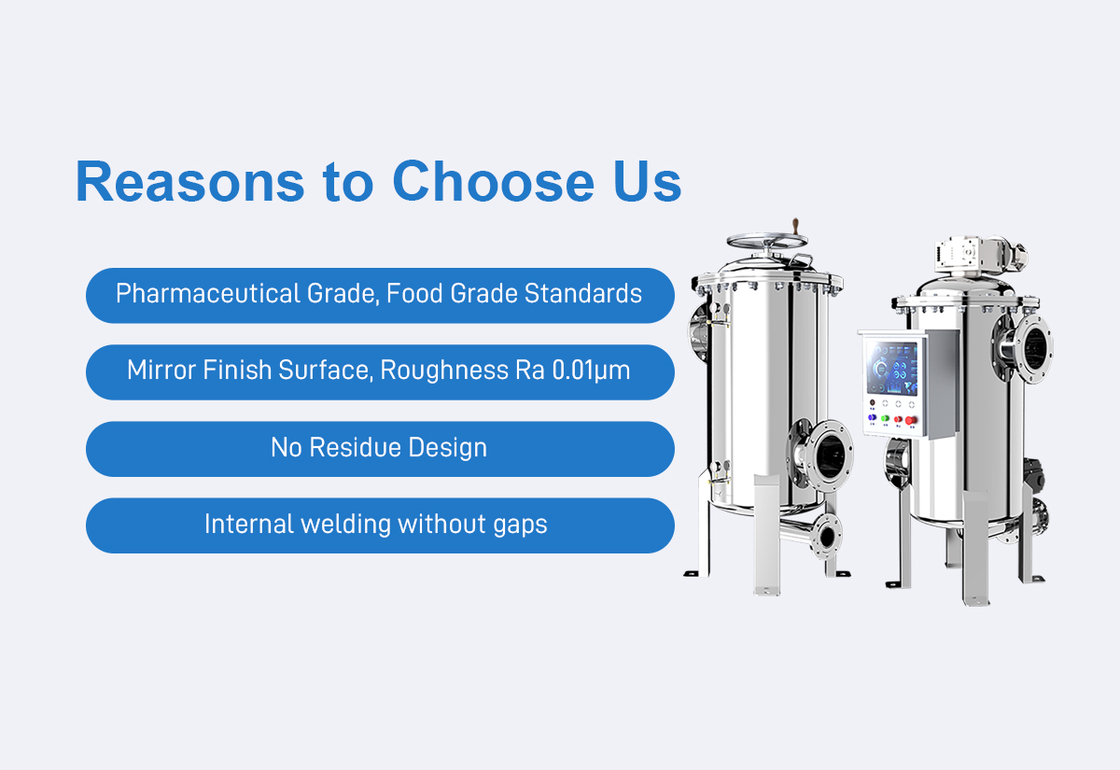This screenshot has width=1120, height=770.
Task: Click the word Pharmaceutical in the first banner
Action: coord(207,293)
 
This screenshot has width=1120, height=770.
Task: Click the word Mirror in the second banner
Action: coord(161,370)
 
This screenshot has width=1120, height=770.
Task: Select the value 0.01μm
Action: coord(591,371)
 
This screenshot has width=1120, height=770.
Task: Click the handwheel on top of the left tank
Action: coord(766,242)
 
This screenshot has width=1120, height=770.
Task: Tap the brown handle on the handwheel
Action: coord(796,226)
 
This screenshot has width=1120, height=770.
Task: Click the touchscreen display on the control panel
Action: coord(892,369)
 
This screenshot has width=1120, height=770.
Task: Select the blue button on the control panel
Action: coord(872,417)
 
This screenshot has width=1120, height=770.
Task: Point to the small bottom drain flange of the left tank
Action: coord(826,536)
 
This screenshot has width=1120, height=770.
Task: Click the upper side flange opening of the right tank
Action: coord(1031,348)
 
